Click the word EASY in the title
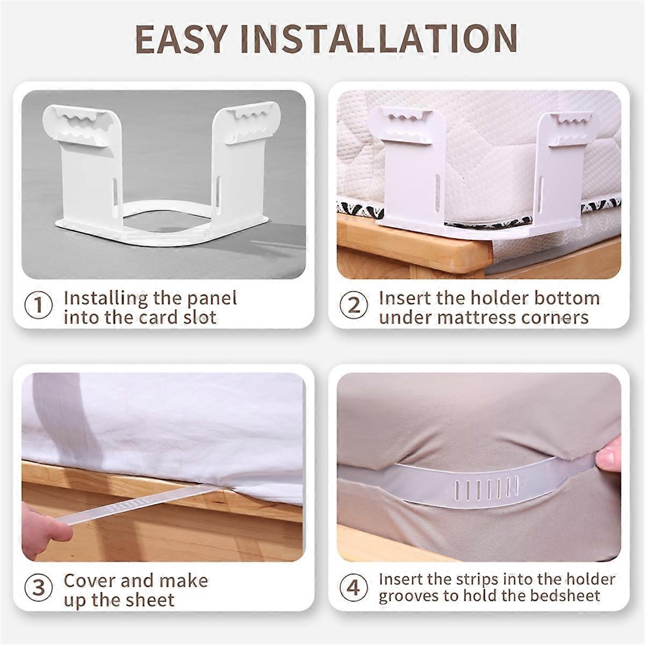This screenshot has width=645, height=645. (181, 39)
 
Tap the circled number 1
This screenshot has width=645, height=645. (39, 305)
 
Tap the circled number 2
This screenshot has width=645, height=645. (354, 305)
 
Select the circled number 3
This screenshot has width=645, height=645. (39, 587)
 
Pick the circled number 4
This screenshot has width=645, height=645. (354, 587)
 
